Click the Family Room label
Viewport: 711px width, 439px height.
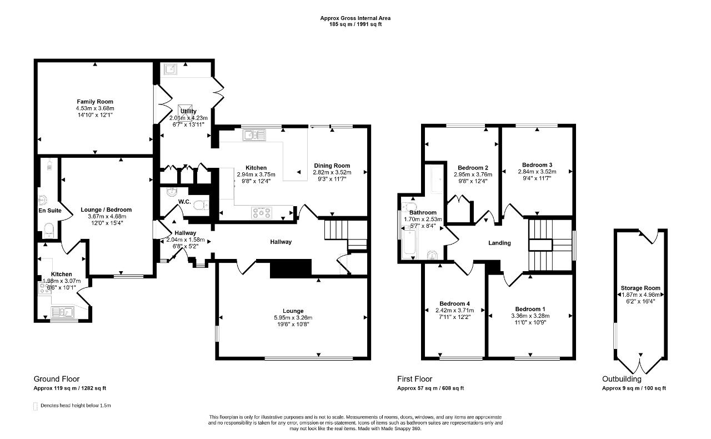point(95,102)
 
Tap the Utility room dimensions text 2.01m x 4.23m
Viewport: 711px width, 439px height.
point(188,118)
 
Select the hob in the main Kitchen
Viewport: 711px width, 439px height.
point(262,212)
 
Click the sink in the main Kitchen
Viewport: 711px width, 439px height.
point(254,135)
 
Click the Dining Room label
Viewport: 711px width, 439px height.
point(332,166)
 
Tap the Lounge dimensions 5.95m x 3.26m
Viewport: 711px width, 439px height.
point(293,318)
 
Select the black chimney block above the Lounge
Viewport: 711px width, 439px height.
point(291,269)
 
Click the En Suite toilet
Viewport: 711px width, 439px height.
point(49,230)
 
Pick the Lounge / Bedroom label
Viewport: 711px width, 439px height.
point(106,209)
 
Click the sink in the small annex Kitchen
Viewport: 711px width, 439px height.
point(63,312)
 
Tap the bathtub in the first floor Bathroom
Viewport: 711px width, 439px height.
point(409,242)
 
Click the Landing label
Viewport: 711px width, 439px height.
point(499,243)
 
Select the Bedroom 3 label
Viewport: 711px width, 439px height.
point(537,165)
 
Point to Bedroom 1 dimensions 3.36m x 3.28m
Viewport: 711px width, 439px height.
point(530,316)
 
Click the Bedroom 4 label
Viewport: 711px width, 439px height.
point(454,303)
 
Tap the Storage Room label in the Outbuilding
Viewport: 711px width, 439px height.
point(640,288)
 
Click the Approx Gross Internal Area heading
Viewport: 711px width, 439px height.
point(355,18)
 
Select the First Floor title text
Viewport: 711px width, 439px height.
point(414,379)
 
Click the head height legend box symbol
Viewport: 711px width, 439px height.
point(35,406)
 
